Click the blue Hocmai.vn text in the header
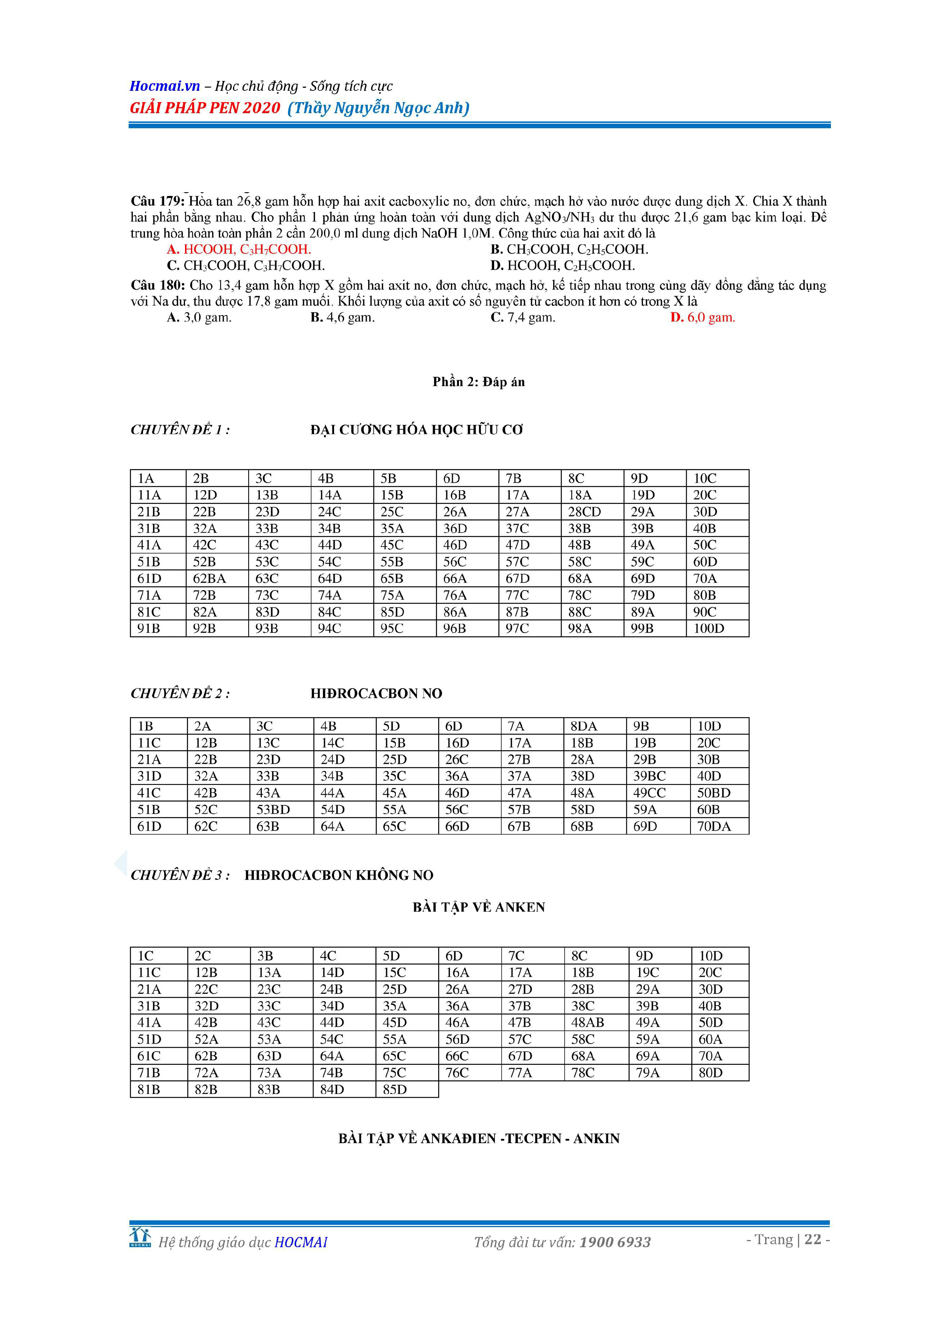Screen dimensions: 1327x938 pos(165,86)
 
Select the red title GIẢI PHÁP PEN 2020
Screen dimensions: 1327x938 pos(205,108)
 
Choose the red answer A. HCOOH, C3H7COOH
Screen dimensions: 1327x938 pos(239,250)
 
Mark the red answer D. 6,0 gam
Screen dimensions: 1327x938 pos(703,317)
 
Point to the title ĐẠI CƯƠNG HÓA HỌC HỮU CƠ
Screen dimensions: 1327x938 pos(417,430)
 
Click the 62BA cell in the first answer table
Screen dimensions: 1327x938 pos(209,578)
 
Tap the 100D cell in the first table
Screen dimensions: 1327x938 pos(709,629)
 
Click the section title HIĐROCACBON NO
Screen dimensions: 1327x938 pos(376,693)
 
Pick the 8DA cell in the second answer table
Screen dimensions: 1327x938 pos(584,727)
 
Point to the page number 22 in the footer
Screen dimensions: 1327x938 pos(813,1239)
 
